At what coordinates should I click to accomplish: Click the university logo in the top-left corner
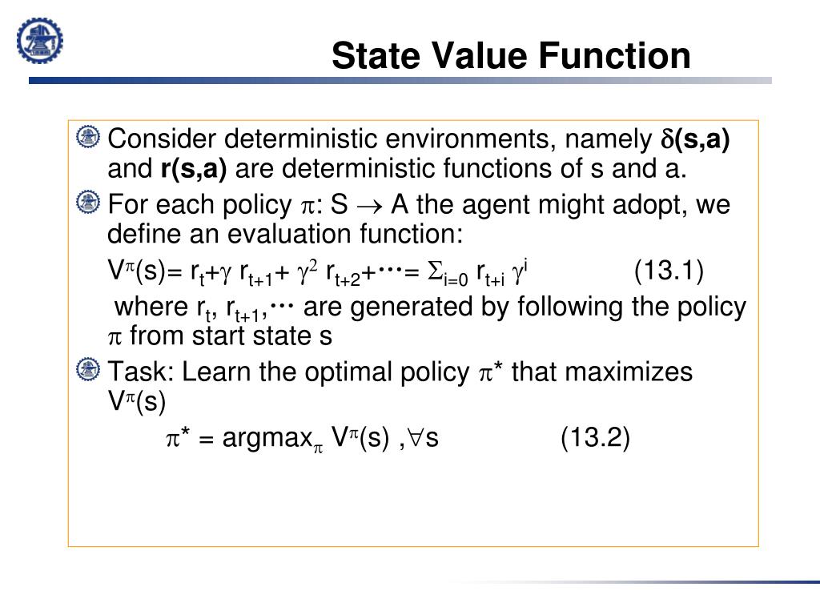(x=40, y=40)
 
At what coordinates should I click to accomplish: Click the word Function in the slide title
(x=613, y=57)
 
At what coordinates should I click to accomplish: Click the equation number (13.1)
(x=669, y=271)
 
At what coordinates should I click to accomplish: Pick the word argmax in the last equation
(x=266, y=438)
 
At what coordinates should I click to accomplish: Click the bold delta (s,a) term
(x=694, y=139)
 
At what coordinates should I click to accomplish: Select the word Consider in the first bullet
(x=163, y=139)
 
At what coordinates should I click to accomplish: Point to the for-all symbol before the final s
(x=416, y=438)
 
